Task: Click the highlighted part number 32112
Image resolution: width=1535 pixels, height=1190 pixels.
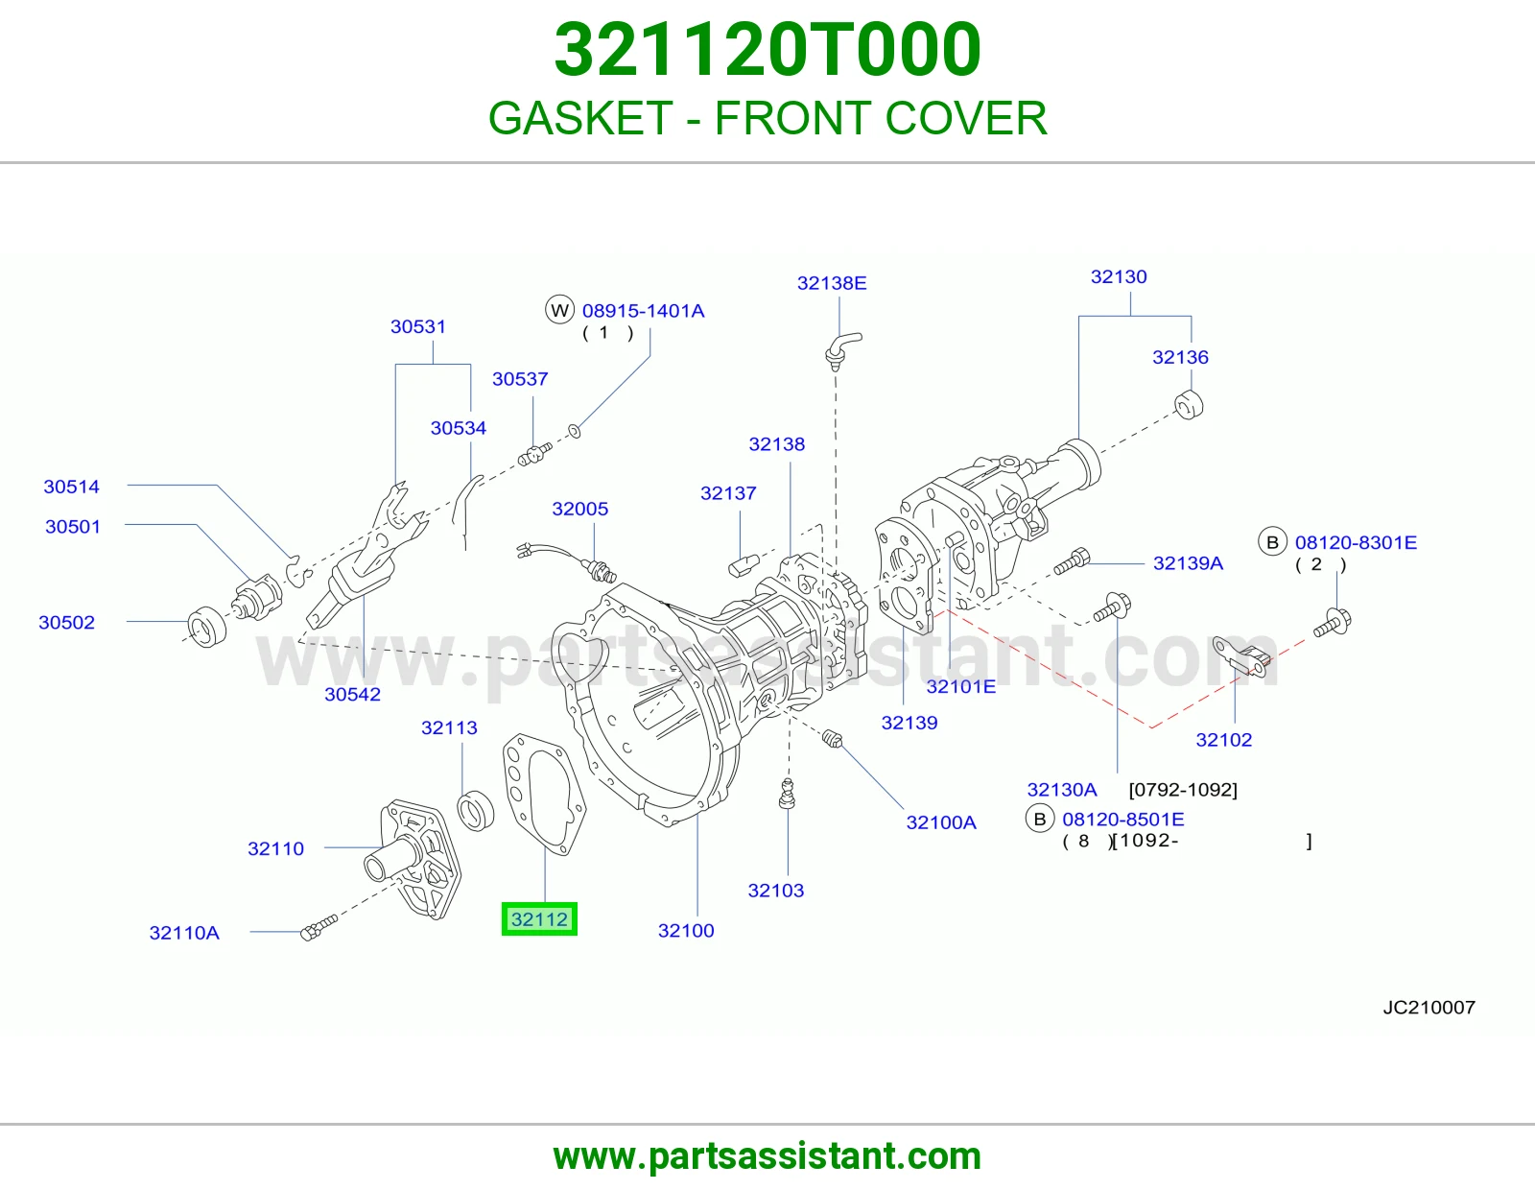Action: click(539, 918)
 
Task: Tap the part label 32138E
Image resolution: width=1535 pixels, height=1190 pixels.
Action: click(832, 283)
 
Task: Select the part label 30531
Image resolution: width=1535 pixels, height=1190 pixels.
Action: click(418, 326)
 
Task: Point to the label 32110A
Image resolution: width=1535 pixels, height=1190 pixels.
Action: click(184, 933)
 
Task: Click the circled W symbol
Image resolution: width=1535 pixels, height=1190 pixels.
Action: click(559, 310)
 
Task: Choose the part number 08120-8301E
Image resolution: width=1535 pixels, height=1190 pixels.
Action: click(1356, 542)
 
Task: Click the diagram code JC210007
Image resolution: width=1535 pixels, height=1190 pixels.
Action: click(1429, 1007)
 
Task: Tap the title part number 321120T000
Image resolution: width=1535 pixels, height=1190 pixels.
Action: click(767, 49)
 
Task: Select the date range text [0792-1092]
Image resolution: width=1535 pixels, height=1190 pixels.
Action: click(1183, 789)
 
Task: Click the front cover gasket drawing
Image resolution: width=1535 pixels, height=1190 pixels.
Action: click(543, 793)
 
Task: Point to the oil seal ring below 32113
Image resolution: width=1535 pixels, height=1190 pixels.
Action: click(476, 811)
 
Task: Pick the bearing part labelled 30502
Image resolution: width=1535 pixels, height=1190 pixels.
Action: click(207, 626)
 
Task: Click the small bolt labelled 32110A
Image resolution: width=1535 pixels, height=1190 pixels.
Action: click(319, 927)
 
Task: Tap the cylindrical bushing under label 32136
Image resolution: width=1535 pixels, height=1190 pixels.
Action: click(1189, 404)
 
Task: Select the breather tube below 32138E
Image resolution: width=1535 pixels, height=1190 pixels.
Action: click(842, 350)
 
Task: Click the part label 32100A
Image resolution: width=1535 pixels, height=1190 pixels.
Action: click(941, 821)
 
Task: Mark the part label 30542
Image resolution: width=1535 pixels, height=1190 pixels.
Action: click(352, 694)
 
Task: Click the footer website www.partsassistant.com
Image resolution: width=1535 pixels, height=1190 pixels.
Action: click(767, 1156)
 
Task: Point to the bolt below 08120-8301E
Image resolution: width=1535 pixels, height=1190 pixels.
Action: click(1333, 623)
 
